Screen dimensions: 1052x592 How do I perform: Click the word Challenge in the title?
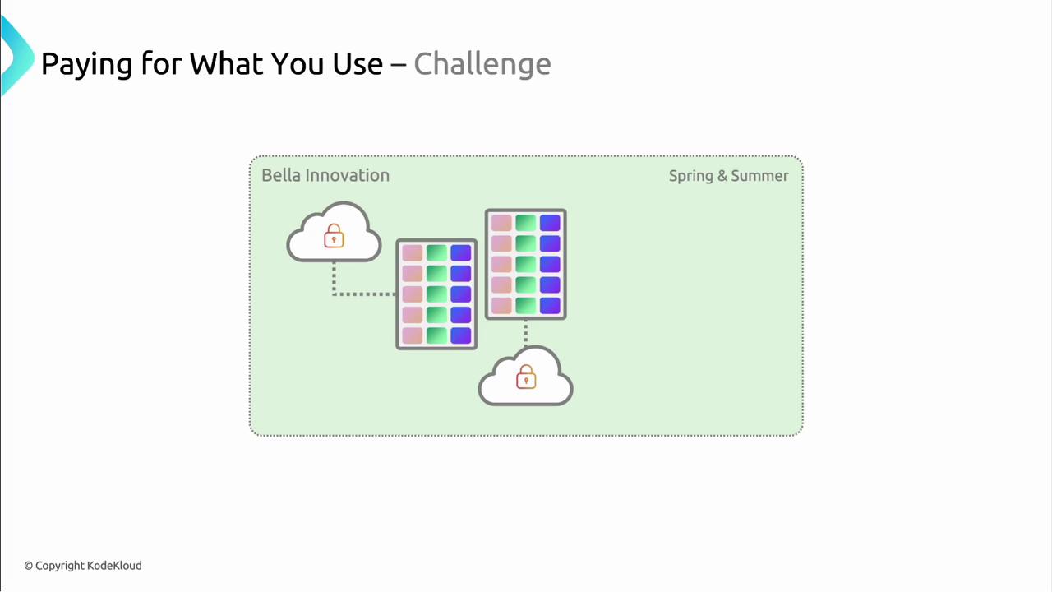[482, 64]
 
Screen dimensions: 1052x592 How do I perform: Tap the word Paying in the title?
[87, 65]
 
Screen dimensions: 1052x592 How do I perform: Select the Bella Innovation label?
[325, 175]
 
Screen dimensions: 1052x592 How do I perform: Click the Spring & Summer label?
[729, 176]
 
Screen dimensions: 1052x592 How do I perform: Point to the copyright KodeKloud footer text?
[83, 565]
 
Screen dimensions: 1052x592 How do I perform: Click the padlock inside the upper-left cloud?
[334, 235]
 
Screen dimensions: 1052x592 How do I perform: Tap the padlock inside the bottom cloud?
[526, 377]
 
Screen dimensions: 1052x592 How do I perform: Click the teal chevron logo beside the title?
[17, 55]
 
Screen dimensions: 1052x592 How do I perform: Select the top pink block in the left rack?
[413, 252]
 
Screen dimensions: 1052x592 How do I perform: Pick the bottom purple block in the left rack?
[461, 336]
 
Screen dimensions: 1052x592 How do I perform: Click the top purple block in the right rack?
[550, 223]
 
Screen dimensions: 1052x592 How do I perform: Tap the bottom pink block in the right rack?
[501, 306]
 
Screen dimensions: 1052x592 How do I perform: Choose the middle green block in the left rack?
[436, 294]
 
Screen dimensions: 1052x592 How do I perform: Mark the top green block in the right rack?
[525, 223]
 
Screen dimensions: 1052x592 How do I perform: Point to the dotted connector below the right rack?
[525, 333]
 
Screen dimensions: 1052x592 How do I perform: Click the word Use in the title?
[358, 64]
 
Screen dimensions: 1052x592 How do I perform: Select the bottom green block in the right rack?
[525, 306]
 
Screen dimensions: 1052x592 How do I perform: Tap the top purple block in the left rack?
[461, 252]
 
